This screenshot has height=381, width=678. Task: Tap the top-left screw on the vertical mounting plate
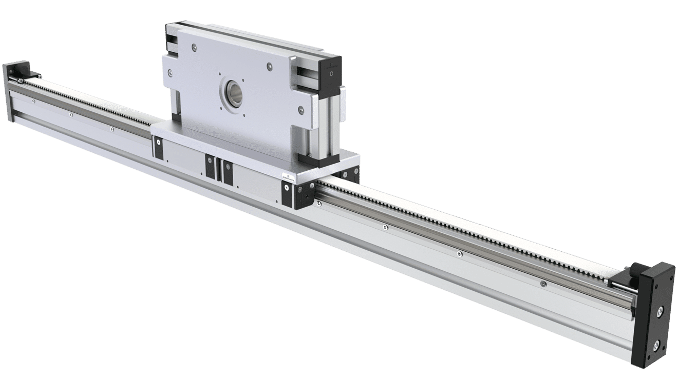click(193, 47)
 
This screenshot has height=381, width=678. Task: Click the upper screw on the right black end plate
click(659, 310)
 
